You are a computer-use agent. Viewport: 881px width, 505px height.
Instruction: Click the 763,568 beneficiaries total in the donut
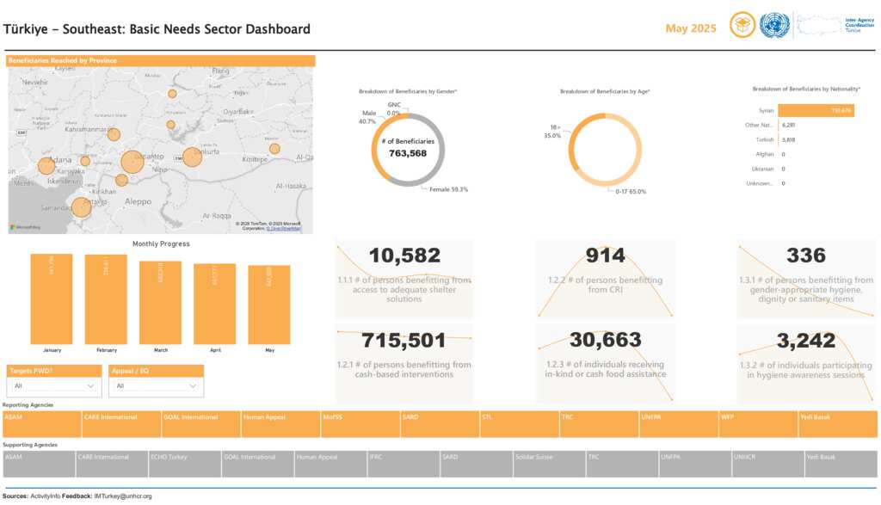(408, 153)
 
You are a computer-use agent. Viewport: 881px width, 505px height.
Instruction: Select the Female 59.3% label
(448, 189)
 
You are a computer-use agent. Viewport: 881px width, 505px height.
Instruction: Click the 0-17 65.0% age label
(630, 191)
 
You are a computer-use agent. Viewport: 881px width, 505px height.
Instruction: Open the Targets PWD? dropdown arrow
(91, 386)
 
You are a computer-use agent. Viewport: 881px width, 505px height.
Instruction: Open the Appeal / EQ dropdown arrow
(194, 386)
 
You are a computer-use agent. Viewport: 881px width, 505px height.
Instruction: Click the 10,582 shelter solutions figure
(404, 256)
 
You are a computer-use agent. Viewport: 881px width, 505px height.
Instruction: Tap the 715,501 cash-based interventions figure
(404, 340)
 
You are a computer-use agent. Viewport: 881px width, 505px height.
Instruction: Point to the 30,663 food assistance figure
(605, 340)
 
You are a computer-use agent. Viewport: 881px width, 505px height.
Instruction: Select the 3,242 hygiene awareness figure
(805, 340)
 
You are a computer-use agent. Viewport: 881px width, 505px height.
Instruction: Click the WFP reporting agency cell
(757, 423)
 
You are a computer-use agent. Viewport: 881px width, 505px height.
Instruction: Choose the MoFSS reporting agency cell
(359, 423)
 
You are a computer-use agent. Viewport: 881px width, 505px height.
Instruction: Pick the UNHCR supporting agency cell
(767, 464)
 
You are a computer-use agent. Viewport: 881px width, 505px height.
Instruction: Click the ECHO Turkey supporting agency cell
(184, 464)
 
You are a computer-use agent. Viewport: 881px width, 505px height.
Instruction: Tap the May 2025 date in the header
(691, 28)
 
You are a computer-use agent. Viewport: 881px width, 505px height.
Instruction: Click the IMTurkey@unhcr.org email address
(123, 496)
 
